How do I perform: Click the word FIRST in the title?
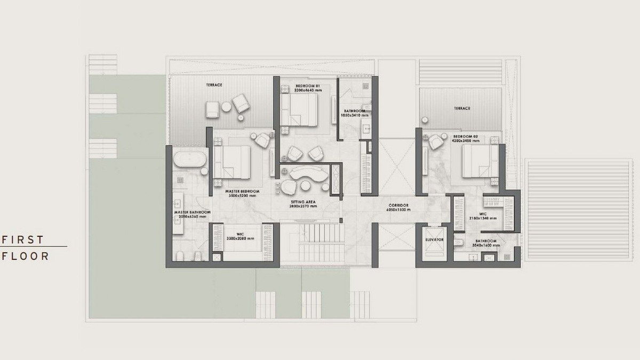tap(23, 239)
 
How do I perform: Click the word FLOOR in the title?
tap(26, 256)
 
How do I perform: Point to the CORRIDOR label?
tap(398, 205)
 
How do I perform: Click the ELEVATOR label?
tap(435, 240)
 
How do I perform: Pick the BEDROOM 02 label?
tap(465, 136)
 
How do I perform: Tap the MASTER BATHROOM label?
tap(193, 212)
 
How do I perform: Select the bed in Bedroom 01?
tap(302, 113)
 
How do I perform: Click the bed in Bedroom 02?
tap(478, 161)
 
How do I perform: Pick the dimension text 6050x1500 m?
tap(398, 210)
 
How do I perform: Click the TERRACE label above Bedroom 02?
tap(462, 108)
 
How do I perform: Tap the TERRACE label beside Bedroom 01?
tap(214, 85)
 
